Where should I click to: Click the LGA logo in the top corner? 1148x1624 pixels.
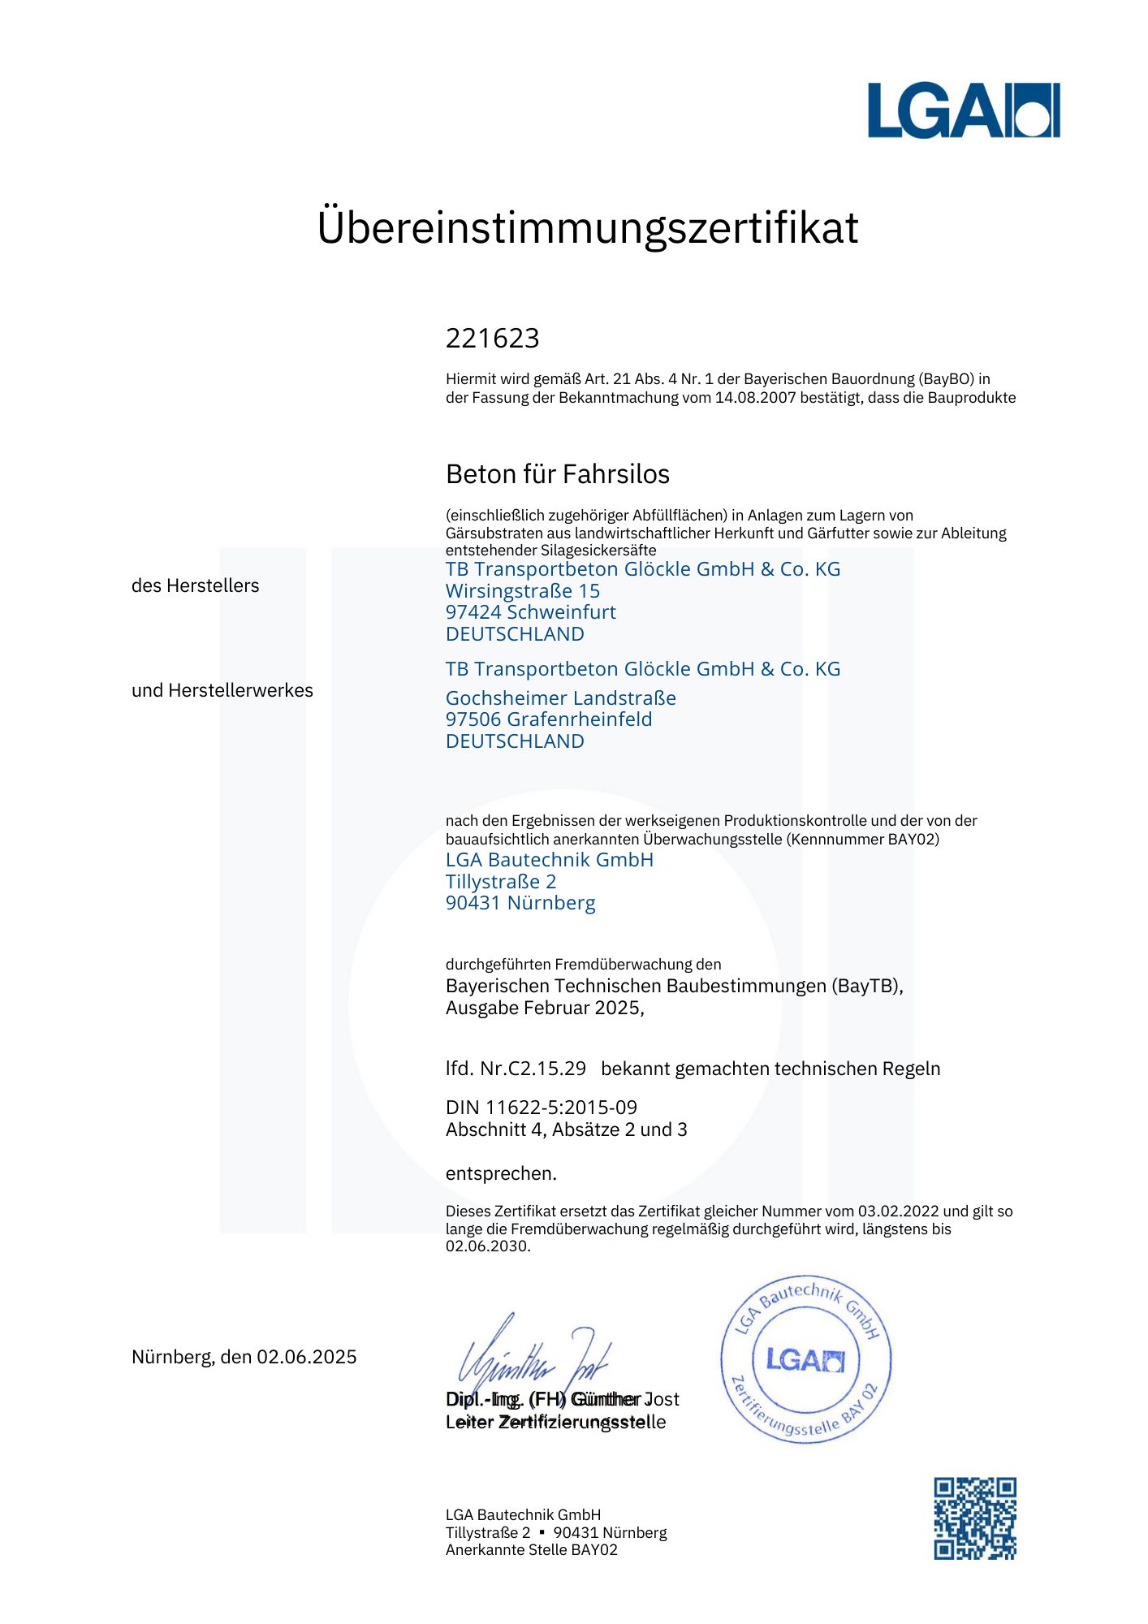(963, 110)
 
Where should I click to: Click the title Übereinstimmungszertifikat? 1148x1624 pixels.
(587, 227)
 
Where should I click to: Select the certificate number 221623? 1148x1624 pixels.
(492, 338)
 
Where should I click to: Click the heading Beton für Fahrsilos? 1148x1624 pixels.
(557, 474)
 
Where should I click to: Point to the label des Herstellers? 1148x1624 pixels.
(195, 585)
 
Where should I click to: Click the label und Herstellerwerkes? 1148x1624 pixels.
(222, 690)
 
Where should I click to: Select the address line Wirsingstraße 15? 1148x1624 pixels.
(522, 591)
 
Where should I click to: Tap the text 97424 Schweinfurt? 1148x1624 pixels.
(530, 612)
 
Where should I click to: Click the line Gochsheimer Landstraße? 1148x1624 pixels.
(560, 698)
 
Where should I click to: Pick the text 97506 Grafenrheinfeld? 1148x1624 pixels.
(548, 719)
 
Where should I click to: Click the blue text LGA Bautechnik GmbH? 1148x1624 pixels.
(549, 860)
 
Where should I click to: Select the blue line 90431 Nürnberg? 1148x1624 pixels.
(520, 903)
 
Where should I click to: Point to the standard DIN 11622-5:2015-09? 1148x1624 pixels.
(541, 1108)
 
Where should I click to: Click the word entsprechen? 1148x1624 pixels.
(500, 1173)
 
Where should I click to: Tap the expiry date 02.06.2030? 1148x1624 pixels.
(486, 1246)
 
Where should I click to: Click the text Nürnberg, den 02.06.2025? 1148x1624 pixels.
(244, 1357)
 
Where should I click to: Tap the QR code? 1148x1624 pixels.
(974, 1518)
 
